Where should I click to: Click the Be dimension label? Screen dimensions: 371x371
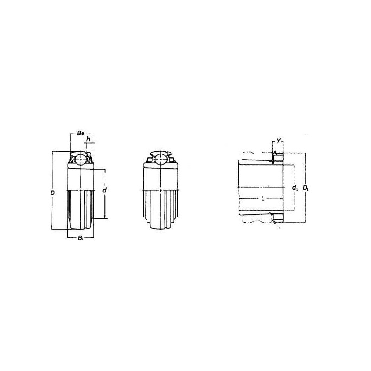click(80, 134)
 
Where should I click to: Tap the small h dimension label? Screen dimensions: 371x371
click(88, 139)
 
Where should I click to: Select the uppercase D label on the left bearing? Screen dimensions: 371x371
click(52, 193)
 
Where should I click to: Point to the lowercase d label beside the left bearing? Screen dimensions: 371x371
click(105, 190)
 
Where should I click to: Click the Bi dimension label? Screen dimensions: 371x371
click(80, 238)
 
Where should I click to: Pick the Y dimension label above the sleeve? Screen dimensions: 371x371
click(279, 141)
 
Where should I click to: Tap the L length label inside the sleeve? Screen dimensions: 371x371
click(262, 199)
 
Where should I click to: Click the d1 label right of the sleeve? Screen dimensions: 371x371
click(295, 188)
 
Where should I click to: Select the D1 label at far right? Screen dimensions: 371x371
click(306, 188)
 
